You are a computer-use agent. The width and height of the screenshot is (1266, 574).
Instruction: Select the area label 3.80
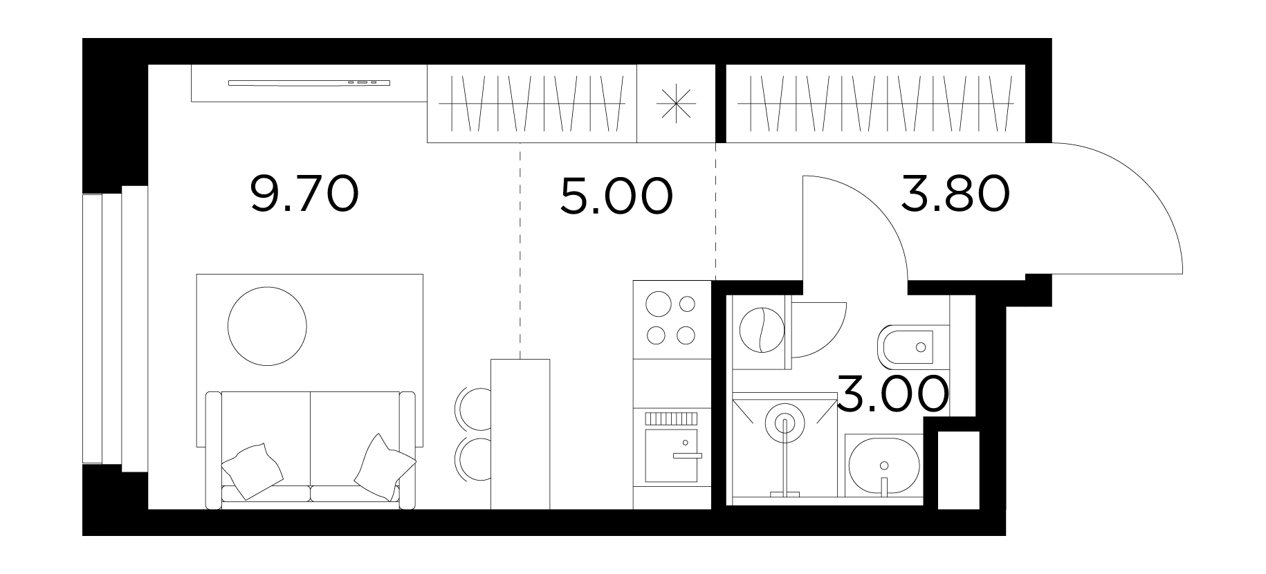(x=955, y=194)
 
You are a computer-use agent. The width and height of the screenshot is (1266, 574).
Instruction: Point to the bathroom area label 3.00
(x=892, y=394)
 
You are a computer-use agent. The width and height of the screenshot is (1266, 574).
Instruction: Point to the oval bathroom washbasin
(x=883, y=465)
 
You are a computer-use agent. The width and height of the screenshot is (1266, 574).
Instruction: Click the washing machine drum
(x=761, y=330)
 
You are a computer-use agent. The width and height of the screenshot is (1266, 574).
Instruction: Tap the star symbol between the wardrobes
(x=675, y=104)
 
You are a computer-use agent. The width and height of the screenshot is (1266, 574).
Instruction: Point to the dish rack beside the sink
(x=670, y=418)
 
